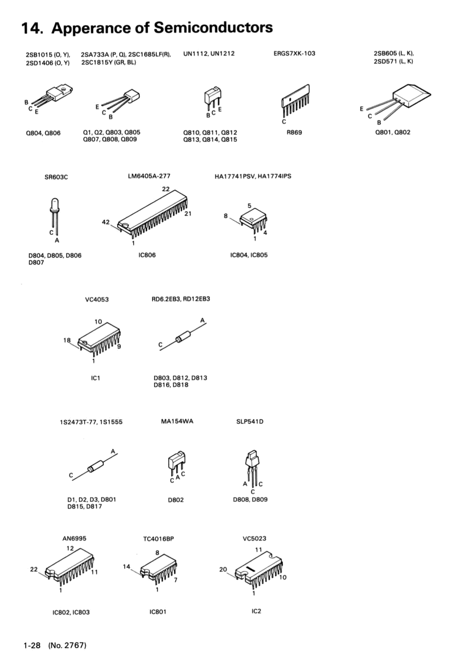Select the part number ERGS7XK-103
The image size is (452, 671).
coord(294,53)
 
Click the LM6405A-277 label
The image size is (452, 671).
coord(149,176)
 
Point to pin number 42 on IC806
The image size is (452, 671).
coord(106,222)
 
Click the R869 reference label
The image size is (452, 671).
coord(294,133)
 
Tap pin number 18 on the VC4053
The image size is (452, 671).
coord(67,340)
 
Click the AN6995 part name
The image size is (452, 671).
coord(74,538)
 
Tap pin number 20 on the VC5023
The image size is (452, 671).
coord(223,569)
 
